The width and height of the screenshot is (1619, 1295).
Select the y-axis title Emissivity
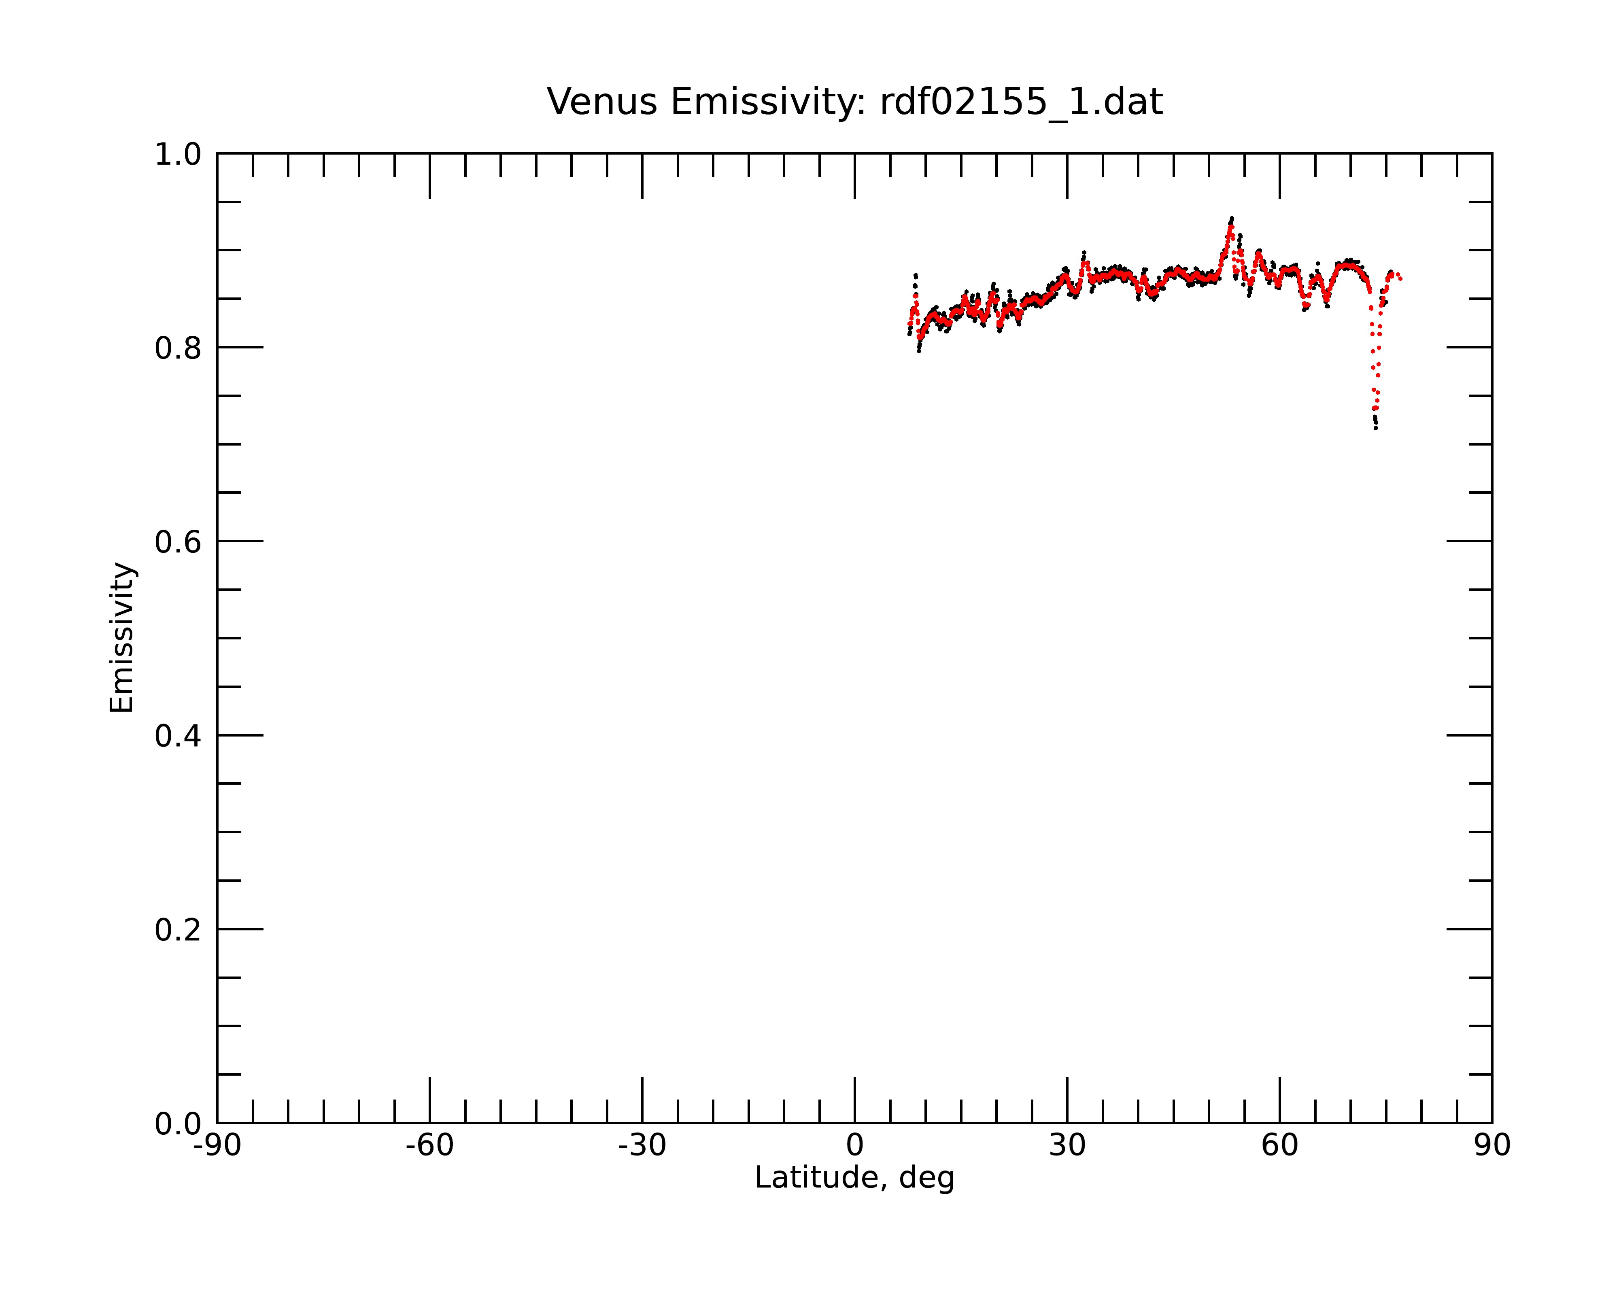[x=122, y=637]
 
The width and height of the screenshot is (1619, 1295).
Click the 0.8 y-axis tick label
[x=178, y=348]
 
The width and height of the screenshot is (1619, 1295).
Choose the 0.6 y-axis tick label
[x=178, y=541]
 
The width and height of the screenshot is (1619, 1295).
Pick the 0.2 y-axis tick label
[x=178, y=930]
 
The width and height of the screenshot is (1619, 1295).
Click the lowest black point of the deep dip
[x=1376, y=428]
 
